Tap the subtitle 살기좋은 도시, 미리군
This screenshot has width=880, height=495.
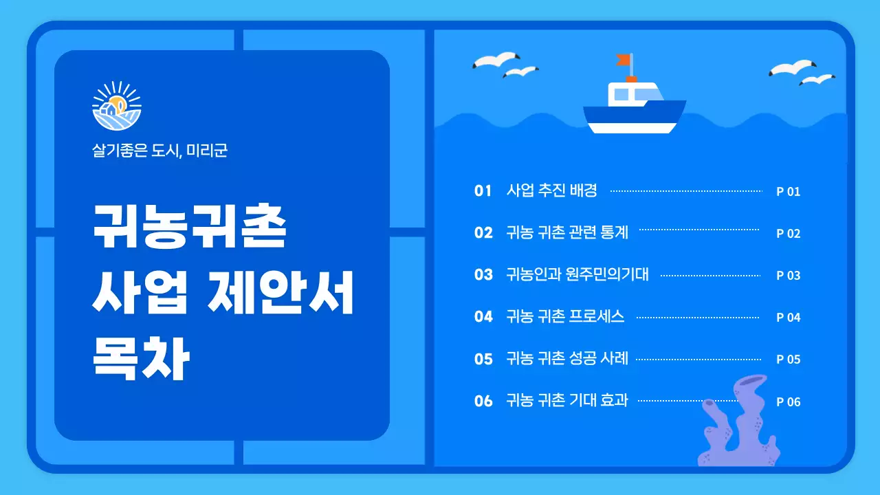click(159, 151)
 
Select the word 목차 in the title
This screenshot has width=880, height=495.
click(140, 360)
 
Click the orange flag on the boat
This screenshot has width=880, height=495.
click(624, 60)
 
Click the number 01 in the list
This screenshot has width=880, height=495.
click(483, 190)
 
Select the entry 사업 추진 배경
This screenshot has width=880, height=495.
click(551, 190)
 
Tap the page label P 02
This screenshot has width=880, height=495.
click(789, 234)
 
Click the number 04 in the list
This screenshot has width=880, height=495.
click(483, 317)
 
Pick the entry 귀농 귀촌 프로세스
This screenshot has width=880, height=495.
click(565, 317)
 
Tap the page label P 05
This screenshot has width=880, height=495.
click(789, 360)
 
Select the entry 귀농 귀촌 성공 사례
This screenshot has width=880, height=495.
click(567, 359)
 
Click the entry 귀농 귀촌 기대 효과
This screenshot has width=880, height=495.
click(567, 401)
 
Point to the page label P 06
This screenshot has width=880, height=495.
click(789, 402)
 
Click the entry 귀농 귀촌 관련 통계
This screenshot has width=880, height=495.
click(567, 233)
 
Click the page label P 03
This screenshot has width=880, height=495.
click(789, 276)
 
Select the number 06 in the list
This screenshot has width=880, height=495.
click(483, 401)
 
